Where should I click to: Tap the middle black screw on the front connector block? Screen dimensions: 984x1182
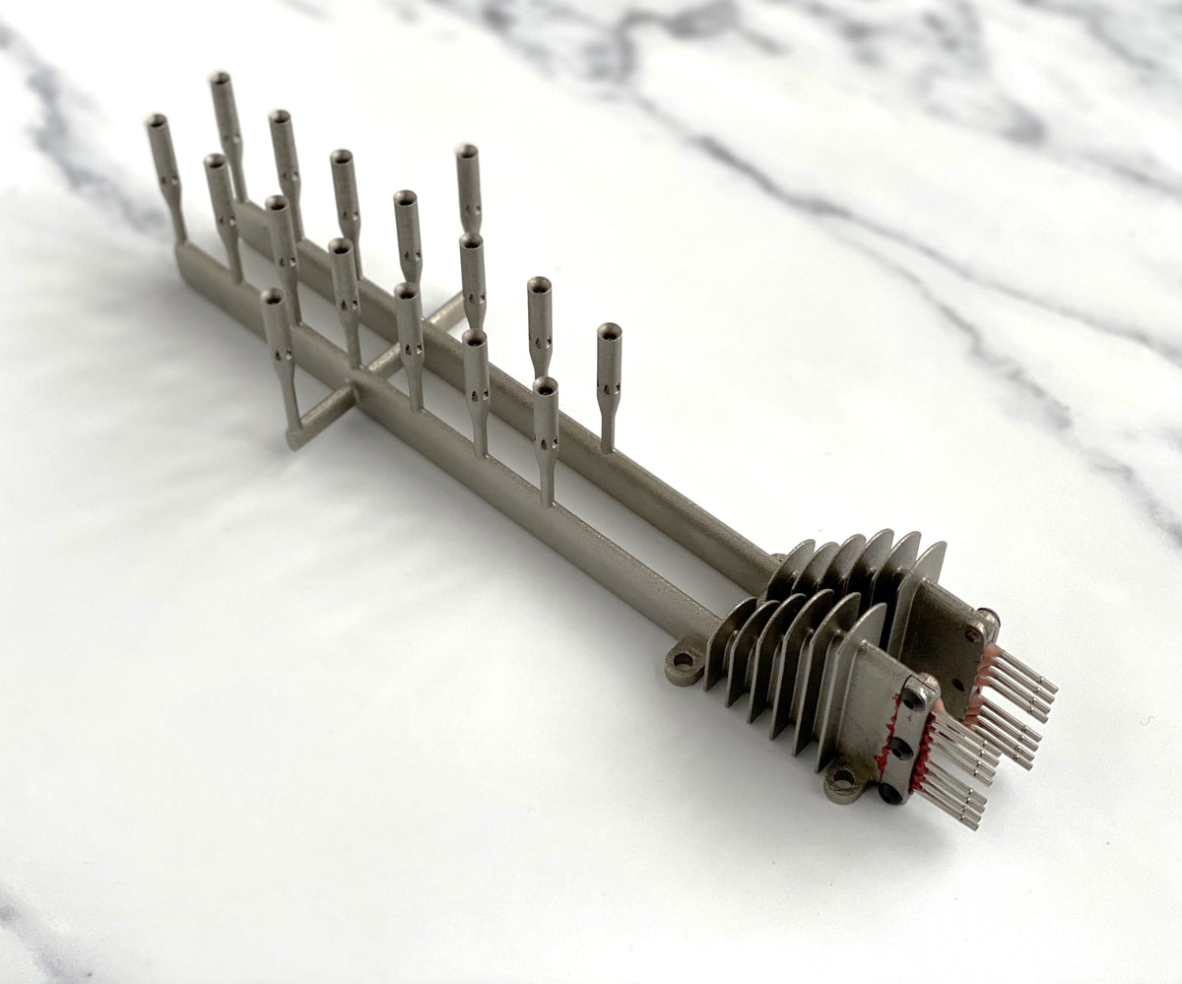point(899,748)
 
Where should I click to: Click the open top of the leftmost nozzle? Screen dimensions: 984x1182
point(156,121)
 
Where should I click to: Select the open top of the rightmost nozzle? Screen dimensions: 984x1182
point(610,331)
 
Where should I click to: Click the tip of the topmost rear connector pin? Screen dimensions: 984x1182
point(1052,683)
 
